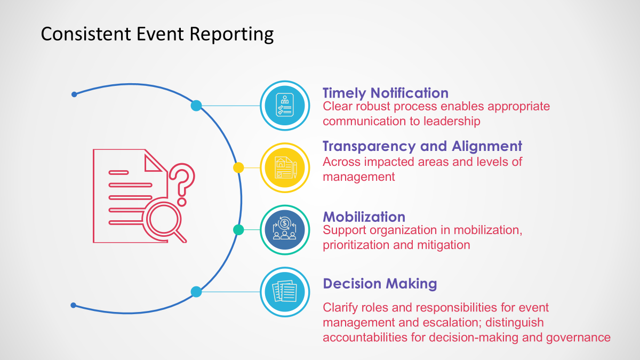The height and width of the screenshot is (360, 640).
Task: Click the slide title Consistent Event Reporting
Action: [157, 34]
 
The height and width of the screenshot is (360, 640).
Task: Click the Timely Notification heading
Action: [385, 93]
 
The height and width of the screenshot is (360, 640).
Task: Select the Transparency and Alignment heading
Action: [422, 146]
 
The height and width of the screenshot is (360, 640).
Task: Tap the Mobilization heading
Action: [364, 217]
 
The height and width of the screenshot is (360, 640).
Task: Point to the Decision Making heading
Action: [380, 283]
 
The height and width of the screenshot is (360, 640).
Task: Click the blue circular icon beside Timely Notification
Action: [284, 106]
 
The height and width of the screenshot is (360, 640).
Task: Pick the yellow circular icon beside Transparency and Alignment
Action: [284, 167]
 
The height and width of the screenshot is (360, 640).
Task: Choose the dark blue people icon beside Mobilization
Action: [284, 230]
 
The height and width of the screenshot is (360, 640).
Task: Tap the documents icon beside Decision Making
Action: [284, 292]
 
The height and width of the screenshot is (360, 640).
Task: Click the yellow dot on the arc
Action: [238, 167]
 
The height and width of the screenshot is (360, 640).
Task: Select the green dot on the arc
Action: [238, 230]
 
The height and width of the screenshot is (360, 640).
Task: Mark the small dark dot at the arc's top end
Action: [74, 94]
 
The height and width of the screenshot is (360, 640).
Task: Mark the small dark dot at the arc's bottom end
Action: [74, 305]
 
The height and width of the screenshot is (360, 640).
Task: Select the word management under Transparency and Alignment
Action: [358, 177]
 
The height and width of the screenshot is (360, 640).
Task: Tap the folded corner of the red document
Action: [155, 161]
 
